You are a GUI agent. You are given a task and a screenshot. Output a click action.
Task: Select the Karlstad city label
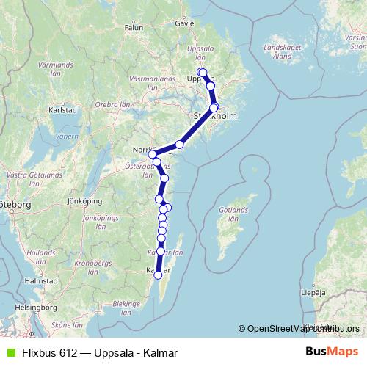[x=62, y=109]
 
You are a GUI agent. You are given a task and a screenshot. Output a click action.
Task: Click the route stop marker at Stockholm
[x=214, y=108]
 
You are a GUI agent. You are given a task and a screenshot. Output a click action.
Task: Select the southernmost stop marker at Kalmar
[x=157, y=275]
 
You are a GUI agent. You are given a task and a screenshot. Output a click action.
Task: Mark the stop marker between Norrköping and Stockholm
[x=179, y=145]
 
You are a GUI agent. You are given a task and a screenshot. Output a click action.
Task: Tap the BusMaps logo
[x=335, y=352]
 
